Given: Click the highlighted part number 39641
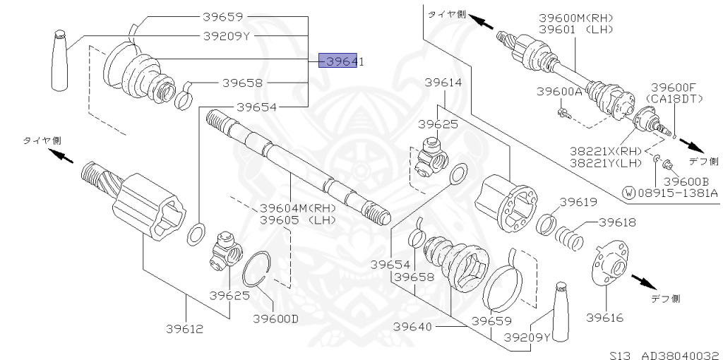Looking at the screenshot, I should (341, 62).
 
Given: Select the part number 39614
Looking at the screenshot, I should (443, 83).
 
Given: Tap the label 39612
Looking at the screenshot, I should (185, 328).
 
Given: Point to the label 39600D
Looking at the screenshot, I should (275, 318).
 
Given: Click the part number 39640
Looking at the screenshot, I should (412, 327).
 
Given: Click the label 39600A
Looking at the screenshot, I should (559, 92).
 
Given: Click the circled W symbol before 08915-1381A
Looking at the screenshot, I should (628, 192).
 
